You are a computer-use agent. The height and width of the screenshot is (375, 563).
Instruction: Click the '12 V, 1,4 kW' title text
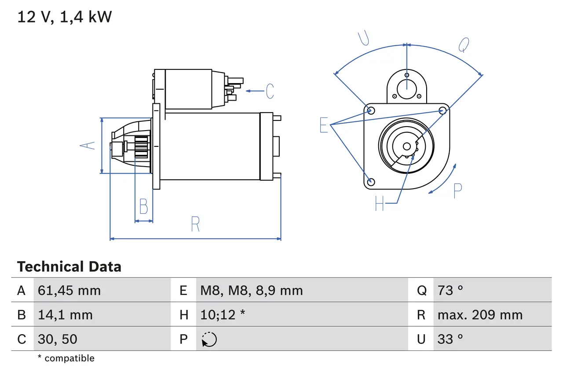tap(65, 17)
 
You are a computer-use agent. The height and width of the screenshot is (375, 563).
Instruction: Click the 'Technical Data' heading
tap(69, 267)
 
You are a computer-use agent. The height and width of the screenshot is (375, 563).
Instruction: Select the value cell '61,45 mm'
tap(69, 290)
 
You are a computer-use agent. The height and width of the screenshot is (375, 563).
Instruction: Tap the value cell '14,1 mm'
tap(65, 315)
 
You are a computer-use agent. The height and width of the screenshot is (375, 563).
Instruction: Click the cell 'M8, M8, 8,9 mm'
tap(252, 290)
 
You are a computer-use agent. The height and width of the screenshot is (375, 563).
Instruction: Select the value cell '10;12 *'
tap(223, 315)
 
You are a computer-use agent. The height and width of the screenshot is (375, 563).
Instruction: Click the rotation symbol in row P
tap(209, 339)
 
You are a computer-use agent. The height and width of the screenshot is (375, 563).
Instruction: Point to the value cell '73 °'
tap(450, 290)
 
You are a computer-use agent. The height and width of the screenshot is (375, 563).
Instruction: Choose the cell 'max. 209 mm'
tap(480, 315)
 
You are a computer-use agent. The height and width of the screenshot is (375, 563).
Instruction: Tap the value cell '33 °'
tap(450, 339)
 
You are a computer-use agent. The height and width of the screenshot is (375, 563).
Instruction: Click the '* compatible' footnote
tap(66, 358)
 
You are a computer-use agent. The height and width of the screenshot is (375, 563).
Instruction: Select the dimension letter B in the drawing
tap(143, 206)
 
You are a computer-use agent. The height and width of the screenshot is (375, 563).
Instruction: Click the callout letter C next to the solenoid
tap(270, 91)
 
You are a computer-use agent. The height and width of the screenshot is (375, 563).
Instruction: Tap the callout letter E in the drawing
tap(324, 125)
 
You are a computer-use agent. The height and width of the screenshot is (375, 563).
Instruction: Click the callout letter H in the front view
tap(380, 203)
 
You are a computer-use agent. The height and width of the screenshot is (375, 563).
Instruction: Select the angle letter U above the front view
tap(363, 39)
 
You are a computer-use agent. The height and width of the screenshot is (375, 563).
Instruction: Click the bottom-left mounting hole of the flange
tap(371, 182)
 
